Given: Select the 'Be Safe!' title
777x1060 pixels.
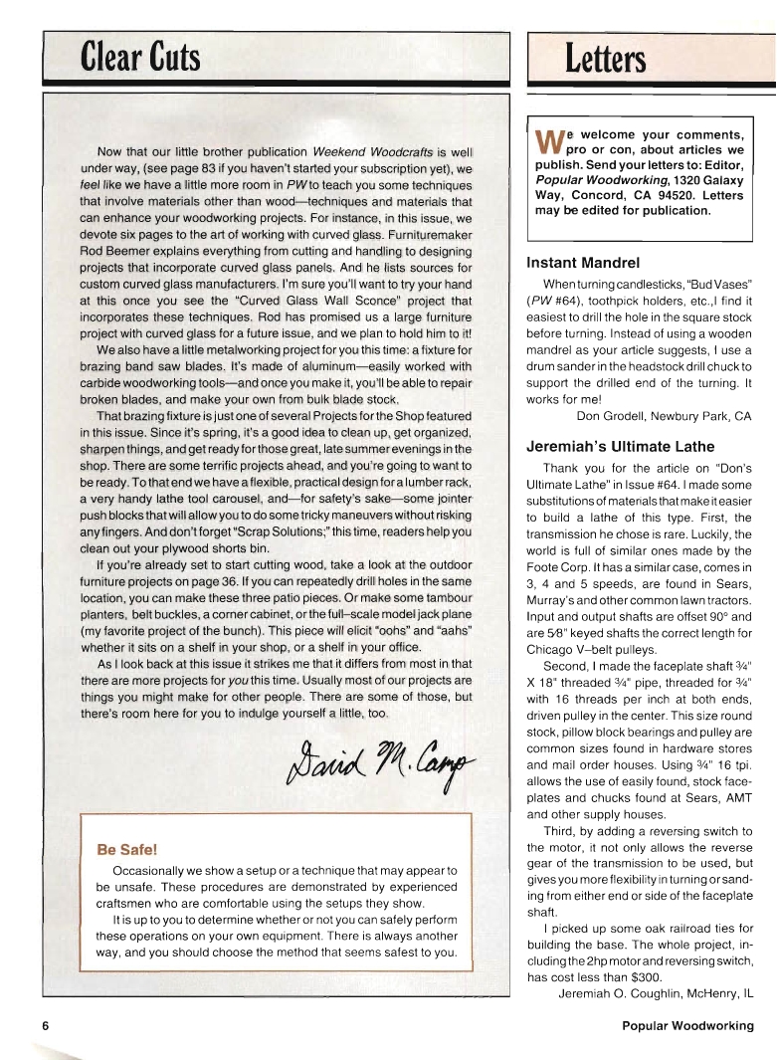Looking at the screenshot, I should click(126, 849).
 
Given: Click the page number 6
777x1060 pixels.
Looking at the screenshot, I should click(46, 1025).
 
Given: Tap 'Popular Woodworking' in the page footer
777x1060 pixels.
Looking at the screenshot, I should click(687, 1025).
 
